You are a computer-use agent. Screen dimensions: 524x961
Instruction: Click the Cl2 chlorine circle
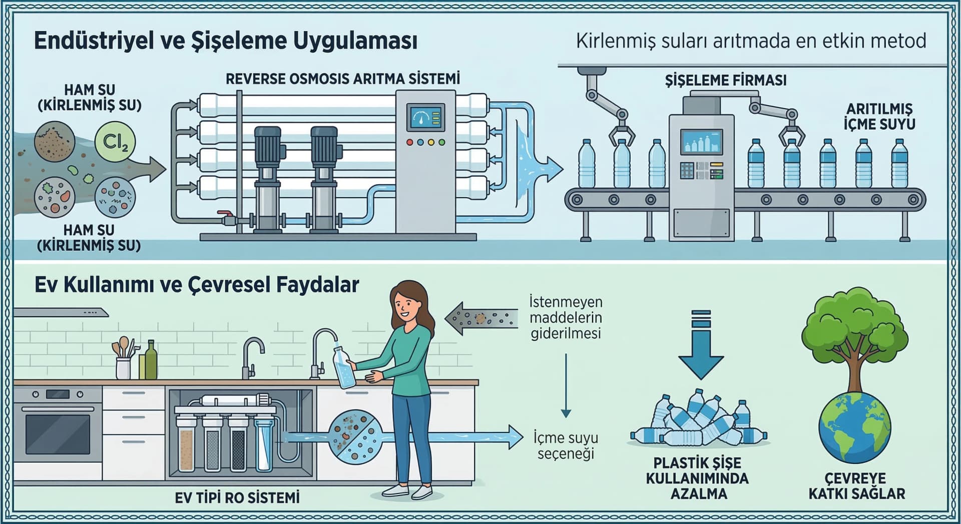pyautogui.click(x=115, y=142)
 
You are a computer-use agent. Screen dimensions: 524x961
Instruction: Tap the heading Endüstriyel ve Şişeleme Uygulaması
pyautogui.click(x=225, y=41)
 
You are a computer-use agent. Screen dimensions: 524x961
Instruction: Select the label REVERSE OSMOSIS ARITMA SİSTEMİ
pyautogui.click(x=342, y=79)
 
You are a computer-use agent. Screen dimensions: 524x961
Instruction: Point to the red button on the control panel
pyautogui.click(x=409, y=142)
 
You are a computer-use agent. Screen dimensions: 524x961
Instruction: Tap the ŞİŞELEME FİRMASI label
pyautogui.click(x=725, y=80)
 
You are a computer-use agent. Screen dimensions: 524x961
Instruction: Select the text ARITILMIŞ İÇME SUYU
pyautogui.click(x=879, y=116)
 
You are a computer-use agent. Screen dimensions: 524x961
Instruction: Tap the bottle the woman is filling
pyautogui.click(x=344, y=368)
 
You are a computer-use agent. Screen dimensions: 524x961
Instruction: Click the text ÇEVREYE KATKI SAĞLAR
pyautogui.click(x=856, y=486)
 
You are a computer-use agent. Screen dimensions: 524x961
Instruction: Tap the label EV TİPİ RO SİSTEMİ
pyautogui.click(x=237, y=497)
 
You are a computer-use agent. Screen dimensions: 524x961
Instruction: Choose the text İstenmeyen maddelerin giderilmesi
pyautogui.click(x=566, y=318)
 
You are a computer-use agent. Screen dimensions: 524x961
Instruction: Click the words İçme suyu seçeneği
pyautogui.click(x=566, y=445)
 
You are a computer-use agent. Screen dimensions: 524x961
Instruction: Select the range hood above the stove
pyautogui.click(x=60, y=312)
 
